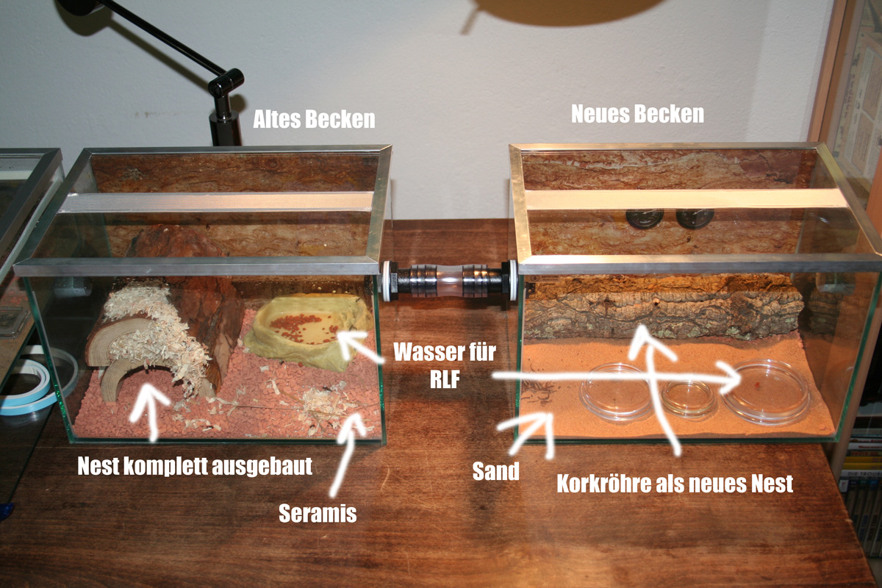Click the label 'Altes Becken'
pos(314,119)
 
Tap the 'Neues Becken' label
pos(637,114)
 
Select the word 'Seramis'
pos(318,513)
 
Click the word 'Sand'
pos(495,471)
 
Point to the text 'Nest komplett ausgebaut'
pos(195,466)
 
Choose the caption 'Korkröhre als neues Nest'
pos(675,484)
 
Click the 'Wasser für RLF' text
pos(445,365)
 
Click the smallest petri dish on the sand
pos(687,398)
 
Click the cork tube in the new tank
pos(661,308)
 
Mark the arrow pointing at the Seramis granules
pos(346,453)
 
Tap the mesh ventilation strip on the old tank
pos(216,201)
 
